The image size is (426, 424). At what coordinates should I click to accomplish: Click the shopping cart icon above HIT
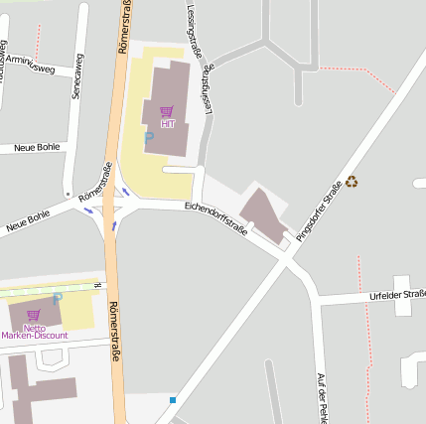pyautogui.click(x=166, y=110)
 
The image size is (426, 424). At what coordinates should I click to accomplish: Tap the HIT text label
pyautogui.click(x=167, y=123)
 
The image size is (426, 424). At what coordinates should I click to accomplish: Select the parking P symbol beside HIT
pyautogui.click(x=148, y=138)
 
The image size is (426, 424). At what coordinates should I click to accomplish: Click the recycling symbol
pyautogui.click(x=352, y=182)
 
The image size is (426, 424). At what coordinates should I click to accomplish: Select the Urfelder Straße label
pyautogui.click(x=395, y=295)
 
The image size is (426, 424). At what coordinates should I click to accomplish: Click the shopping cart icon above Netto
pyautogui.click(x=33, y=315)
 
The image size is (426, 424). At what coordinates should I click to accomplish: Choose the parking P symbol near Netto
pyautogui.click(x=57, y=297)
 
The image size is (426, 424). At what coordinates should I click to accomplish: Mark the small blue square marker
pyautogui.click(x=173, y=400)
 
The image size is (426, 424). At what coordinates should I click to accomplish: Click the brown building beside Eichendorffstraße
pyautogui.click(x=264, y=214)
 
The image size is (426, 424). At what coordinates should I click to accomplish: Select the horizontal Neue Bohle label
pyautogui.click(x=37, y=148)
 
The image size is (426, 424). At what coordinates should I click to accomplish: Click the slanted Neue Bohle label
pyautogui.click(x=28, y=220)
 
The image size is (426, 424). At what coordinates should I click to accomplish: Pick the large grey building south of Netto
pyautogui.click(x=40, y=386)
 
